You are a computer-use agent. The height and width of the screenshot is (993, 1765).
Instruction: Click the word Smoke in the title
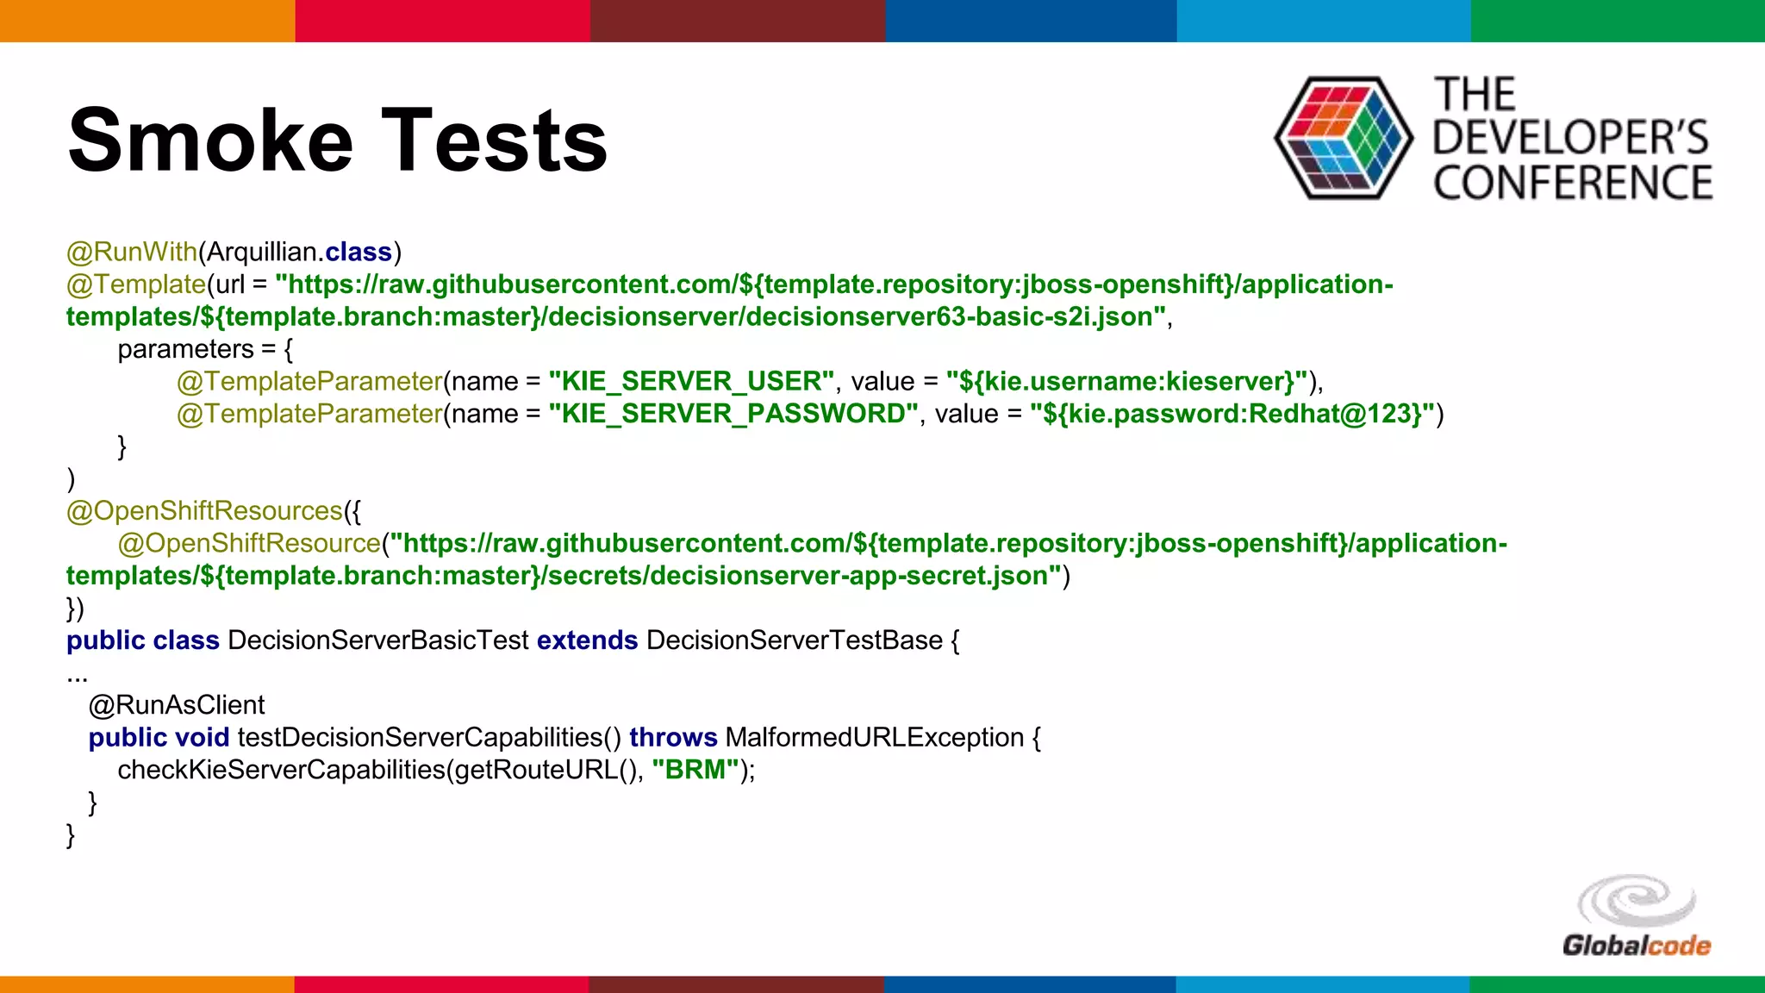[210, 141]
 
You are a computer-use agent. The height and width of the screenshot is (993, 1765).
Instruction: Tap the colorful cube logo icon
[1343, 138]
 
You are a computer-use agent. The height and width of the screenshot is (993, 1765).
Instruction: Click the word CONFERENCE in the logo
[1572, 184]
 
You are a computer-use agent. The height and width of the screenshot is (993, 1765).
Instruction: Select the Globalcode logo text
[1636, 946]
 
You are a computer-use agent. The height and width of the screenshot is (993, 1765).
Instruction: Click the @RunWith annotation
[132, 252]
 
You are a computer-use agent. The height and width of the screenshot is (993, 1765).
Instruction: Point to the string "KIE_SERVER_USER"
[691, 381]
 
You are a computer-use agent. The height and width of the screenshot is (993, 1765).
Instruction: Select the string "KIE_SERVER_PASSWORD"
[733, 414]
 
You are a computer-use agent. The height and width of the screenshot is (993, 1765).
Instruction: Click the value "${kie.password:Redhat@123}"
[1232, 414]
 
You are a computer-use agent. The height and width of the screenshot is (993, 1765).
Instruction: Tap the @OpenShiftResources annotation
[204, 511]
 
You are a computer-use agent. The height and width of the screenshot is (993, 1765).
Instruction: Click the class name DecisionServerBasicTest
[377, 640]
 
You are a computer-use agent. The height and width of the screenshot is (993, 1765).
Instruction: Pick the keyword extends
[587, 640]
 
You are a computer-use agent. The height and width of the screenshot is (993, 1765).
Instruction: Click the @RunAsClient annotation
[177, 705]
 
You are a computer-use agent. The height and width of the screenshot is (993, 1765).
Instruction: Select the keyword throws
[673, 738]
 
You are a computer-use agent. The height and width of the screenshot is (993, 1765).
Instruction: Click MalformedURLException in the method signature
[874, 738]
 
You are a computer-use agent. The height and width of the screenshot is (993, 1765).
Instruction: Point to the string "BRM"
[695, 770]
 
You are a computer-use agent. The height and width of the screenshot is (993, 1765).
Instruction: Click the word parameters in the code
[185, 349]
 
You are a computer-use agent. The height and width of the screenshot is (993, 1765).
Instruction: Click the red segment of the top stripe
[442, 21]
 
